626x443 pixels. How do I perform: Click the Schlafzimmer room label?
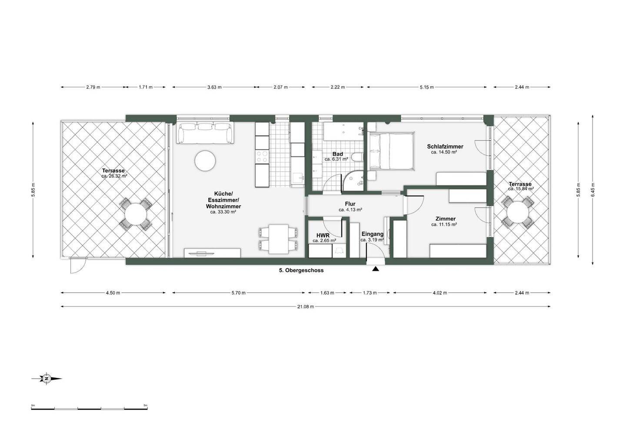coord(445,147)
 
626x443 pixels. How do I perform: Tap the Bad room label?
coord(338,154)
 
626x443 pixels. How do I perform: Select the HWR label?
coord(323,236)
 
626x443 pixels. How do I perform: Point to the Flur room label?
coord(350,204)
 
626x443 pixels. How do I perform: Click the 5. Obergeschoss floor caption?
coord(301,270)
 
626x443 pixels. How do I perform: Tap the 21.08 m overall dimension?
coord(306,306)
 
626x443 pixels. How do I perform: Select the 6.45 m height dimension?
coord(593,190)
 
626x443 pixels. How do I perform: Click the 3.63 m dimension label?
coord(214,87)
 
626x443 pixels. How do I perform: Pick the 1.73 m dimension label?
coord(370,293)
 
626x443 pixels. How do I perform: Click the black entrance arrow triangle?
coord(376,269)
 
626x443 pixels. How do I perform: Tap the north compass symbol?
coord(47,379)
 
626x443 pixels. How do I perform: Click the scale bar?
coord(89,409)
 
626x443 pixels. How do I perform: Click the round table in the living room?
coord(205,161)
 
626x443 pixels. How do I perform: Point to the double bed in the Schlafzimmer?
coord(391,151)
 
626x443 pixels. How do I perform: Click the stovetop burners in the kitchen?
coord(262,157)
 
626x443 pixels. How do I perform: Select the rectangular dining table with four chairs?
coord(278,239)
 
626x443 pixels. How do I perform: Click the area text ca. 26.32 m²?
coord(115,176)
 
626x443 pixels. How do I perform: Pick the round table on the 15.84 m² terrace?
coord(518,212)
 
